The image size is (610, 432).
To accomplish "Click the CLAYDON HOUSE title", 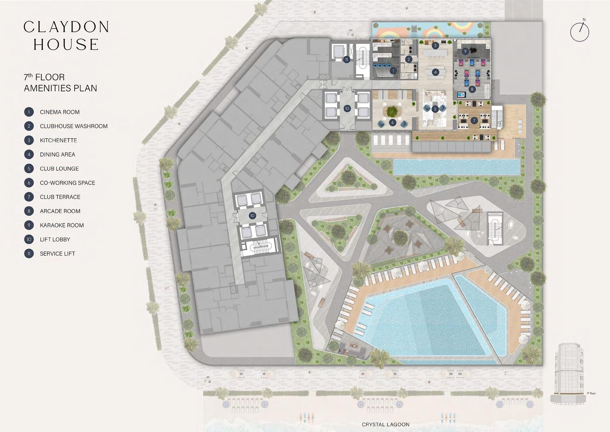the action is click(66, 36).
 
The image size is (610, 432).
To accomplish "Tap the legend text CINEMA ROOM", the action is click(60, 112).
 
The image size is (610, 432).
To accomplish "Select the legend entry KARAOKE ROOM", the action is click(62, 225).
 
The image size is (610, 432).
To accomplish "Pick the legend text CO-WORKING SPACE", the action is click(68, 183).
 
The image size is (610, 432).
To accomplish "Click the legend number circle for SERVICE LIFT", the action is click(29, 254).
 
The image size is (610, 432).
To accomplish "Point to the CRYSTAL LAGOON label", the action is click(386, 424).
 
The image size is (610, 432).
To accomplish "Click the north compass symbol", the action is click(580, 31).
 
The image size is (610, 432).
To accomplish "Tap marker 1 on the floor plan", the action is click(393, 71).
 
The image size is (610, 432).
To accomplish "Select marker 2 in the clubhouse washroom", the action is click(409, 59).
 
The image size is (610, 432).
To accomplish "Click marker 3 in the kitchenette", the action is click(436, 45).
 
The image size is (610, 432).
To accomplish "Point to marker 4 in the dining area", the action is click(436, 72).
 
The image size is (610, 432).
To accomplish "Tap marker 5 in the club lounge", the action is click(435, 109).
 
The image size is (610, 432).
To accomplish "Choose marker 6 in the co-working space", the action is click(393, 122).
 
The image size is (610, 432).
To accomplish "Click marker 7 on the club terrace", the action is click(474, 121).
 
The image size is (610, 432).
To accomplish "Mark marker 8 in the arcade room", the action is click(472, 89).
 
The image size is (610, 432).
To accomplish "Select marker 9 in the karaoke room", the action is click(465, 51).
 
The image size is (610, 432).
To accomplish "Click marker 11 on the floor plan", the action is click(347, 59).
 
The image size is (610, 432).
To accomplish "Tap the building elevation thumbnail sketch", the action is click(569, 374).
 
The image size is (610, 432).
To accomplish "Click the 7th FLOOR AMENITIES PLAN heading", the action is click(60, 83).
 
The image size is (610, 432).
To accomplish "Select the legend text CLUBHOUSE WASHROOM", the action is click(74, 126).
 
